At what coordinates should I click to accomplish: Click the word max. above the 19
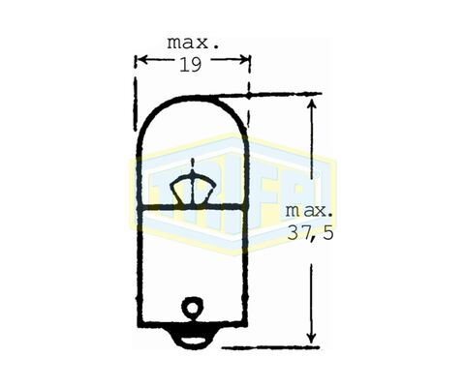pos(193,44)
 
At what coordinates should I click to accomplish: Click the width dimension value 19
pos(191,65)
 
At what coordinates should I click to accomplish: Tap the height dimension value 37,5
pos(310,233)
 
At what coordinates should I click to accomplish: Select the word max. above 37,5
pos(309,211)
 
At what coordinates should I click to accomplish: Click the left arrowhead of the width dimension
pos(140,59)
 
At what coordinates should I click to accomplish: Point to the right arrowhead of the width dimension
pos(244,59)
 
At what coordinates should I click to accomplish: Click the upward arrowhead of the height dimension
pos(311,104)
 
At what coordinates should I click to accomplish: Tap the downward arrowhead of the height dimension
pos(311,337)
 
